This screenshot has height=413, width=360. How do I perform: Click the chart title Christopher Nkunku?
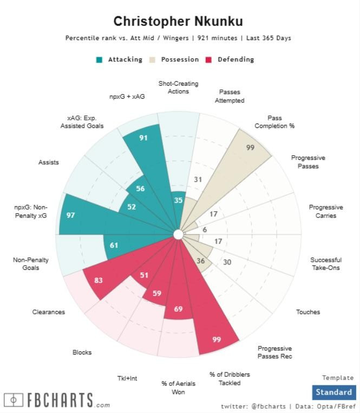tap(178, 22)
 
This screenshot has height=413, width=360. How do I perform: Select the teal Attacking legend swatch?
tap(99, 60)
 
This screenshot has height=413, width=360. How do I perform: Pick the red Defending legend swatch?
tap(208, 60)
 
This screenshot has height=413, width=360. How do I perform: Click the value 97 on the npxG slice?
tap(70, 215)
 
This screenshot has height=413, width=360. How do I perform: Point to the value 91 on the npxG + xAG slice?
tap(143, 138)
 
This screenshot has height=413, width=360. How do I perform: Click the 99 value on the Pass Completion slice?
tap(250, 147)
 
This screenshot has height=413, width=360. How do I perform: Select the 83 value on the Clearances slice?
tap(99, 280)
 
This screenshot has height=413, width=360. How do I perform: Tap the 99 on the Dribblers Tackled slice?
tap(217, 340)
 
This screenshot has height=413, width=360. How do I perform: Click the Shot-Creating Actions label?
tap(178, 87)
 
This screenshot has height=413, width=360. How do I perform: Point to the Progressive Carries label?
tap(325, 211)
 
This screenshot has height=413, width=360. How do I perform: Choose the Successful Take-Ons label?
tap(325, 264)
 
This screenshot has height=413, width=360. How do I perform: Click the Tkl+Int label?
tap(127, 378)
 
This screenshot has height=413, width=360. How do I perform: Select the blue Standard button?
tap(333, 392)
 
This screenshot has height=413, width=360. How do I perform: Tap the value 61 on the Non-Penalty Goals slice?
tap(114, 246)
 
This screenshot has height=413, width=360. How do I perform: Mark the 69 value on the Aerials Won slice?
tap(179, 309)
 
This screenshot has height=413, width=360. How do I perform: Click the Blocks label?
tap(82, 352)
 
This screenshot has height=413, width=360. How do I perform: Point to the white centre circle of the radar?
tap(178, 234)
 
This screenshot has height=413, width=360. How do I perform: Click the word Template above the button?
tap(338, 378)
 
